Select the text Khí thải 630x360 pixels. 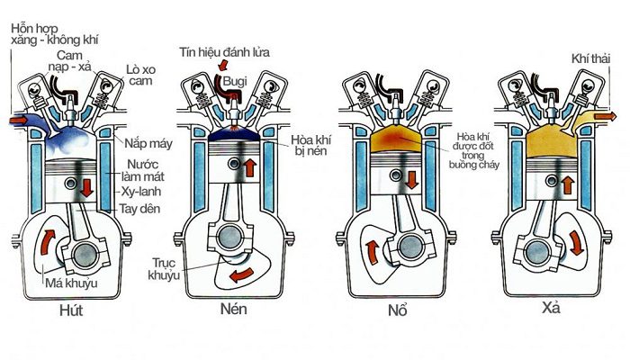[588, 59]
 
